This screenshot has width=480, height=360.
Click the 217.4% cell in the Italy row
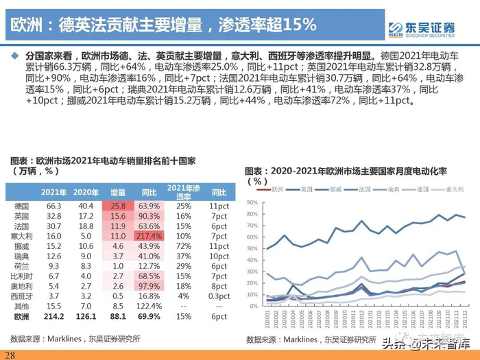click(x=151, y=235)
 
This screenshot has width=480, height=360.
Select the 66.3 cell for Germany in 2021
click(x=55, y=206)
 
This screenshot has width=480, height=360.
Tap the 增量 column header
click(x=118, y=192)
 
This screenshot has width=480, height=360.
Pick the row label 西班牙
click(x=23, y=295)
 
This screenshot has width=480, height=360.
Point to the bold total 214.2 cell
click(x=53, y=317)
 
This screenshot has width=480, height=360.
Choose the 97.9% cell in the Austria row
click(x=151, y=285)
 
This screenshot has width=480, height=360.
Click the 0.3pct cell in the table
click(x=219, y=295)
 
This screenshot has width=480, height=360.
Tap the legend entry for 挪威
click(x=335, y=188)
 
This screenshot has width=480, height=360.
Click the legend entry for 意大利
click(x=455, y=188)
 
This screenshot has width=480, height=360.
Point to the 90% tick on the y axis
click(x=251, y=202)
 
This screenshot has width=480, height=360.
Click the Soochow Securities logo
click(x=421, y=28)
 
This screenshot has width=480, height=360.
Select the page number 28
click(x=10, y=354)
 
